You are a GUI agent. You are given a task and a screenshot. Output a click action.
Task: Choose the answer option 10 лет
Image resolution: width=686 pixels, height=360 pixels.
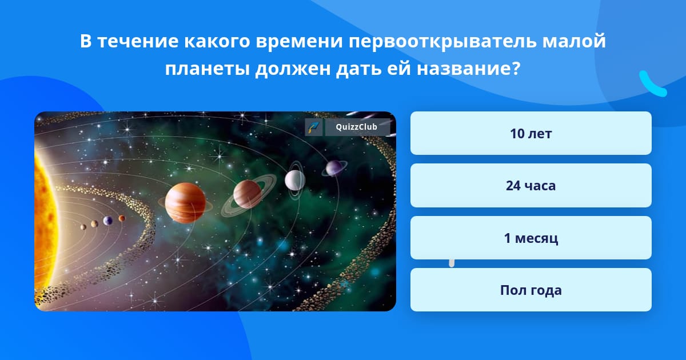[x=531, y=133]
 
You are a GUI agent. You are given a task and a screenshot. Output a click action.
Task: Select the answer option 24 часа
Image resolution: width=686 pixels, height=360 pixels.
[x=531, y=186]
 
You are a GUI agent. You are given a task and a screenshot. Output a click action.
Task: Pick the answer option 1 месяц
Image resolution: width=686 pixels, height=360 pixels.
[x=531, y=238]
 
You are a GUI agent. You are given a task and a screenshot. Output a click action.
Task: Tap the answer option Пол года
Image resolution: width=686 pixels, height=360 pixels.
[x=531, y=290]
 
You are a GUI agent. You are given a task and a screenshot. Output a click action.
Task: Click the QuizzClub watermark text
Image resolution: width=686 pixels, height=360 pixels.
[x=357, y=127]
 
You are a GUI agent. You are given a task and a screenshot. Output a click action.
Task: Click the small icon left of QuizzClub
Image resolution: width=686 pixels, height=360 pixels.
[x=314, y=127]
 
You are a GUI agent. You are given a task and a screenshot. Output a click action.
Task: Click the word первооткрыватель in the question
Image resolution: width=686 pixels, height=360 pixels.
[x=442, y=41]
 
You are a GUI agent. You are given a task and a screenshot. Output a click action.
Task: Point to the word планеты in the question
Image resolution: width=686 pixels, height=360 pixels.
[x=208, y=69]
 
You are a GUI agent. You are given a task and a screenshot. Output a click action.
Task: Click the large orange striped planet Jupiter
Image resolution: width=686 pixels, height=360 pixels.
[x=185, y=203]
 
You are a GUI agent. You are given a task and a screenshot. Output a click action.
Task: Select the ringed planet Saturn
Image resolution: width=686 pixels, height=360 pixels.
[x=248, y=195]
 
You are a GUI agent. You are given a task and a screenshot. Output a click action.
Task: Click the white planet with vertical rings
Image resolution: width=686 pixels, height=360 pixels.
[x=295, y=181]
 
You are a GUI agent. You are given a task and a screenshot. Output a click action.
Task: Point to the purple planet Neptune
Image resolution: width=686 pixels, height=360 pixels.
[x=334, y=168]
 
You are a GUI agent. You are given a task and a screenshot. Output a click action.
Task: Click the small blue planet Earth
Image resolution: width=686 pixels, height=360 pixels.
[x=107, y=221]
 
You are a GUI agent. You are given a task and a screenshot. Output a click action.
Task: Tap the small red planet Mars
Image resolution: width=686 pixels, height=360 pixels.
[x=122, y=218]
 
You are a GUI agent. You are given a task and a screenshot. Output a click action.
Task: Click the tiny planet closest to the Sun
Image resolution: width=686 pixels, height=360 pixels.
[x=83, y=227]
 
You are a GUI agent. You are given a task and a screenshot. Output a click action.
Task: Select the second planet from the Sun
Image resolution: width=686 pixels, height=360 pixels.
[x=94, y=224]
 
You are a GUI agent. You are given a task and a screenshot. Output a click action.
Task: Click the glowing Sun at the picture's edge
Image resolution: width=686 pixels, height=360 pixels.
[x=45, y=211]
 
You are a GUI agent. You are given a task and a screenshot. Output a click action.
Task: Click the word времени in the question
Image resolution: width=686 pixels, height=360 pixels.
[x=299, y=41]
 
